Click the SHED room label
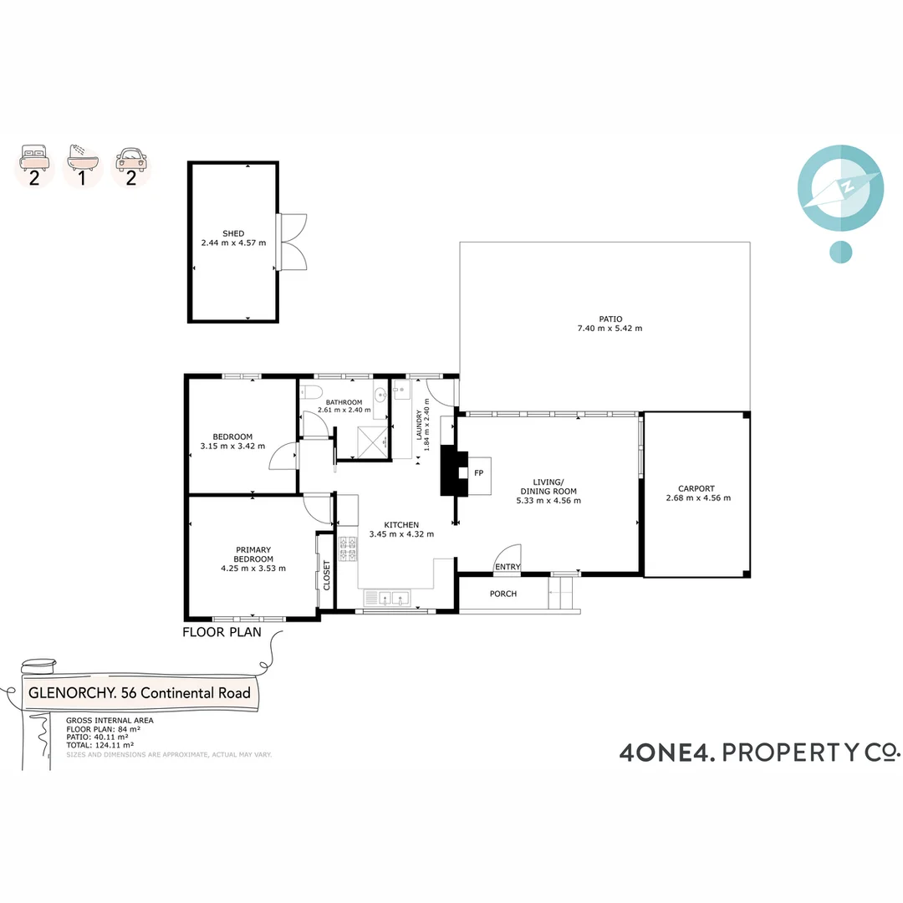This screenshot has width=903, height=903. (233, 232)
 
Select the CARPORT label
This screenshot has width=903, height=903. (697, 487)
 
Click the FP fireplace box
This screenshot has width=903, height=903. (479, 473)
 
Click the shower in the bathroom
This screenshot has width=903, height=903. (367, 440)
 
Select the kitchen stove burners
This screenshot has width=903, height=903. (348, 548)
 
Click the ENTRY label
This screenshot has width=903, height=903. (508, 567)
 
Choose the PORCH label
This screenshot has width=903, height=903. (503, 594)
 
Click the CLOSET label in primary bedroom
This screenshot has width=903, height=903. (327, 574)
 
